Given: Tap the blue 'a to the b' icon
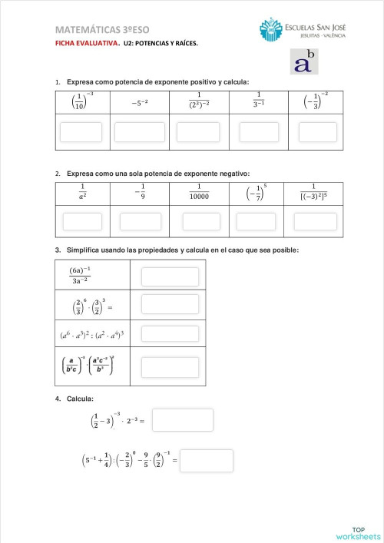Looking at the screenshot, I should [305, 62].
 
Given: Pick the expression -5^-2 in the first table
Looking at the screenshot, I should [139, 101].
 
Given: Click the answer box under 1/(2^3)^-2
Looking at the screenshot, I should [198, 131].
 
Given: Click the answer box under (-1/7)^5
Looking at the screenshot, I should [256, 222].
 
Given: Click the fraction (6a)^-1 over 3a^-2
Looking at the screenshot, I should [80, 276].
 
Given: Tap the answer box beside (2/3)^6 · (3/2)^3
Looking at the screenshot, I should [170, 305].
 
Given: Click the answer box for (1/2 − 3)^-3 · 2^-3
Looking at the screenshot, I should [182, 420].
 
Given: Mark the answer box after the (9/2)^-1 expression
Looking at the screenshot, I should [206, 461].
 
